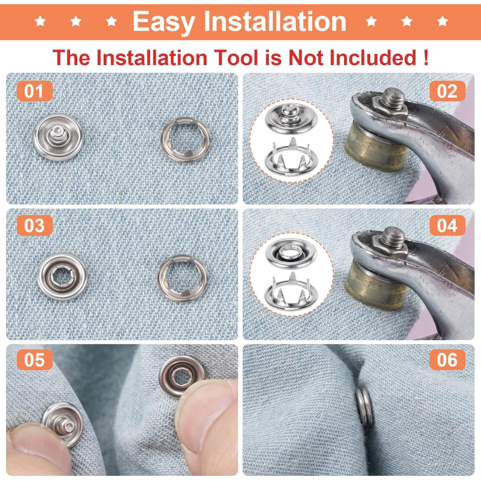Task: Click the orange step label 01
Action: [34, 91]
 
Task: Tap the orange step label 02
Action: [447, 91]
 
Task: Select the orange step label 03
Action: [34, 225]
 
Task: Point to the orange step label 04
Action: [447, 225]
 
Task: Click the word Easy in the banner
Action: [164, 22]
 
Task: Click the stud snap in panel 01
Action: [58, 137]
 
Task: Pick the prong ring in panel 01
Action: [185, 140]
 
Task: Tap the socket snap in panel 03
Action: [62, 277]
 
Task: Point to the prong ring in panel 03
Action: [183, 279]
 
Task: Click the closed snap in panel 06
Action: [365, 406]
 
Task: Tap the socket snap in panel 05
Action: [182, 376]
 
